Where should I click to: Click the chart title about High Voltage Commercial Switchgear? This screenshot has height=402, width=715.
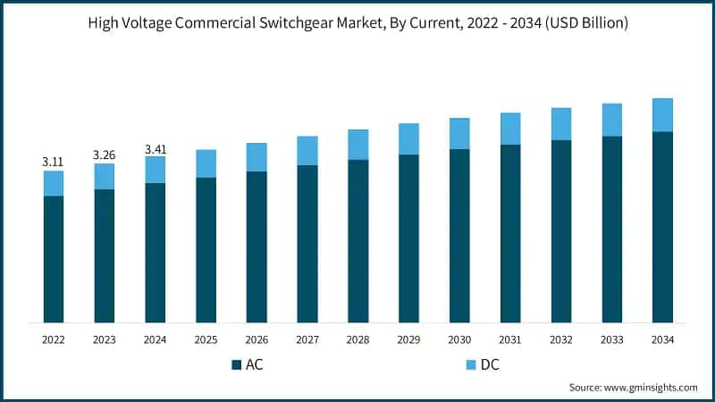(357, 24)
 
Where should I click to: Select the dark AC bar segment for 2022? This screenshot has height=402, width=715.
(54, 259)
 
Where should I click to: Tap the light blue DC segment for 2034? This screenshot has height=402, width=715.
(662, 115)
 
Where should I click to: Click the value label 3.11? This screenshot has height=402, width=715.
(54, 162)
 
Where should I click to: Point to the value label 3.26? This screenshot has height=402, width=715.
(105, 155)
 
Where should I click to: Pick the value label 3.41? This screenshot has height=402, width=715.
(156, 148)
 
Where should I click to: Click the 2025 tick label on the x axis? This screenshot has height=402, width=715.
(206, 339)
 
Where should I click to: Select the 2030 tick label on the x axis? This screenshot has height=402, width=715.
(459, 339)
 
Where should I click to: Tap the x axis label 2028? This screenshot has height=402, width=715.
(357, 339)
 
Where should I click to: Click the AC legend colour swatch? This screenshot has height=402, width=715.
(236, 364)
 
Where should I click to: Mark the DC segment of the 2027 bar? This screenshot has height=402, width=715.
(307, 151)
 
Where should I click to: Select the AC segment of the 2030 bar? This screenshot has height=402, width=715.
(459, 236)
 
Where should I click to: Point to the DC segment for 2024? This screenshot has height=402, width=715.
(156, 170)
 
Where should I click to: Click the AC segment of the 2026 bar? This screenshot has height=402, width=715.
(257, 247)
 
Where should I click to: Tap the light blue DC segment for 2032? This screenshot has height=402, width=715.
(561, 124)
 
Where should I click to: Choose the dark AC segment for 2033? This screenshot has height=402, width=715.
(611, 230)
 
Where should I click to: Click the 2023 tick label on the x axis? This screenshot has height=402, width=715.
(105, 339)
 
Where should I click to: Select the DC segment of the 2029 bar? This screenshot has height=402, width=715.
(408, 139)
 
